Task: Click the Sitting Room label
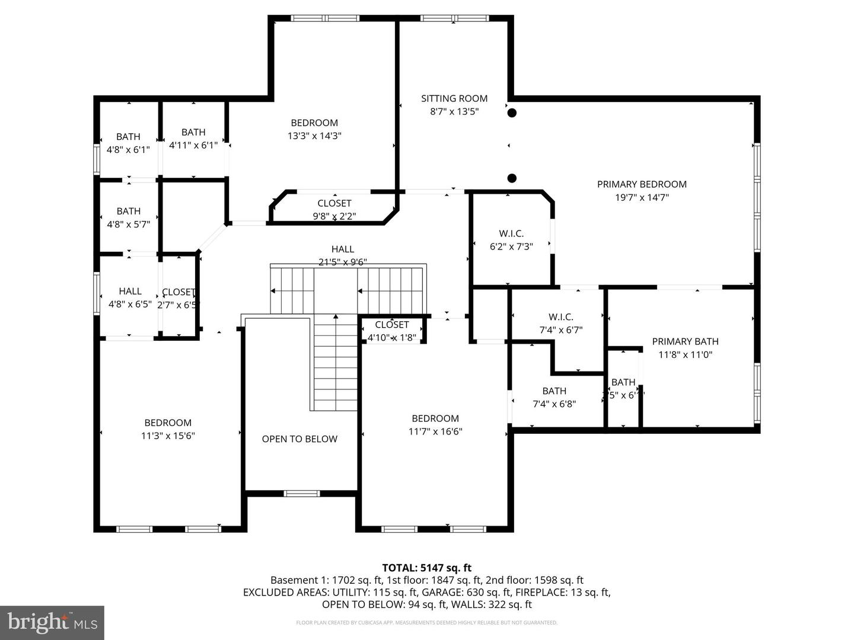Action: click(x=454, y=98)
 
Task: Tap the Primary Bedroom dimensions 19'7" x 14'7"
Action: click(x=642, y=197)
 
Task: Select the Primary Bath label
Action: click(x=685, y=341)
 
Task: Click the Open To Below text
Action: click(x=299, y=439)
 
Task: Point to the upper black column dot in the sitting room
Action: click(x=512, y=113)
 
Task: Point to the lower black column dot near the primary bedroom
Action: click(x=512, y=178)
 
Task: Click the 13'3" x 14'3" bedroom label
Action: click(x=314, y=123)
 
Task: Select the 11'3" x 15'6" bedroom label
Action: click(x=168, y=423)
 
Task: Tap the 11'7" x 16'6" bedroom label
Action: click(x=435, y=418)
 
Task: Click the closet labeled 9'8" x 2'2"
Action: click(x=334, y=203)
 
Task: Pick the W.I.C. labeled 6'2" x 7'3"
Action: click(x=511, y=233)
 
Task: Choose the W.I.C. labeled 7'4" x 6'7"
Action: click(x=560, y=317)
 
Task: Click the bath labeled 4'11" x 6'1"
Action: click(x=193, y=132)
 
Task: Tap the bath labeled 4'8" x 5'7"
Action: click(x=128, y=211)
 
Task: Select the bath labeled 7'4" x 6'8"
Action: click(x=554, y=391)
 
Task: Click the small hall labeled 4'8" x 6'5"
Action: click(x=130, y=291)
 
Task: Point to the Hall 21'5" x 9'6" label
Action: click(x=343, y=249)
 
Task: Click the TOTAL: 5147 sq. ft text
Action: click(x=427, y=568)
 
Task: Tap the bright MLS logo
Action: click(x=52, y=622)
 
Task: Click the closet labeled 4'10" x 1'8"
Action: click(x=392, y=325)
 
